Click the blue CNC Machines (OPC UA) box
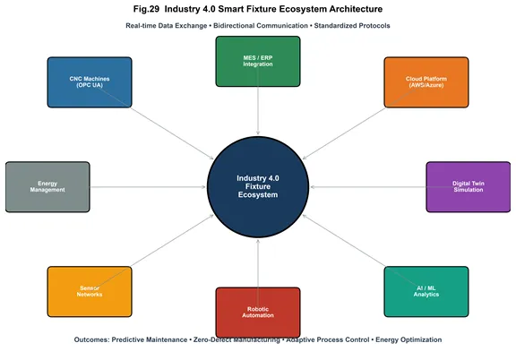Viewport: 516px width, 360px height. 90,82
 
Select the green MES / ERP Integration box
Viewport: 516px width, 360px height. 258,61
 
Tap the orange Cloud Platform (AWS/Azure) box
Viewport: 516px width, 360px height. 426,82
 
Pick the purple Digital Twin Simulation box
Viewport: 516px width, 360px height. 469,187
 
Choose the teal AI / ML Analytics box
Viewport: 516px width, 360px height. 426,292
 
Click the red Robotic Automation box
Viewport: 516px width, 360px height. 258,313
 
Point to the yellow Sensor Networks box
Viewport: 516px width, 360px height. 90,292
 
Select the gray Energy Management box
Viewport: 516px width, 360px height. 47,187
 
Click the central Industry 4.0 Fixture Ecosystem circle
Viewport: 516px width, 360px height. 258,187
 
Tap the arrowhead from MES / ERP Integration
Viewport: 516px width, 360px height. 258,133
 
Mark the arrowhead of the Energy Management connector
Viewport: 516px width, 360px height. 203,187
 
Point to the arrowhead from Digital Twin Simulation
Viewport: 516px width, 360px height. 313,187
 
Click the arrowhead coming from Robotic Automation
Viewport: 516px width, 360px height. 258,242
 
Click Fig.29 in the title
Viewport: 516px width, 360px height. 146,9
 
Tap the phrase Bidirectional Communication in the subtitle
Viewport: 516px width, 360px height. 261,26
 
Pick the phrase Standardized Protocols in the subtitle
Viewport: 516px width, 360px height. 352,26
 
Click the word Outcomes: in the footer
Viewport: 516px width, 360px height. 91,339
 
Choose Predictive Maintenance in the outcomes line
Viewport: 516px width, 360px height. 150,339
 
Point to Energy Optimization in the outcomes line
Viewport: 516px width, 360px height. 408,339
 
